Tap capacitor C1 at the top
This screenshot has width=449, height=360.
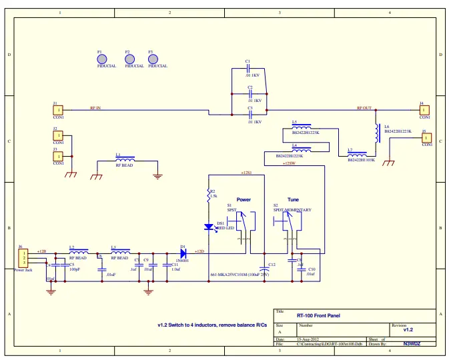(249, 69)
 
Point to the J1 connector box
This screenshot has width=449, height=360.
(58, 109)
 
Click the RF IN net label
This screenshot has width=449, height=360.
(95, 107)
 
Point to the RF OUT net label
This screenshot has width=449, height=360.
(364, 107)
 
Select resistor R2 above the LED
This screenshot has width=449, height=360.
(208, 194)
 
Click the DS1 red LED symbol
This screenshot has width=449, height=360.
(208, 227)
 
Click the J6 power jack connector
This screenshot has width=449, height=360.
(23, 256)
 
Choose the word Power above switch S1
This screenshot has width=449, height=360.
(244, 199)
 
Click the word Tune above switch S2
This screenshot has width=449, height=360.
(294, 199)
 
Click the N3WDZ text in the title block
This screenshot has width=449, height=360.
(414, 344)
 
